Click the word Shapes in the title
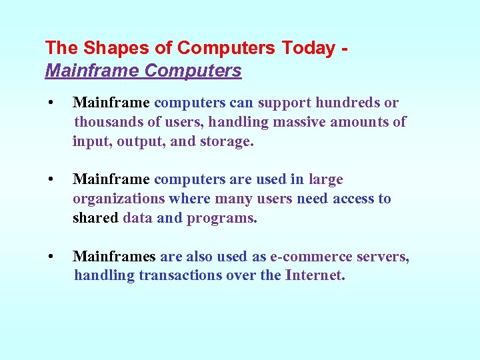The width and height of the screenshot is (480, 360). [105, 48]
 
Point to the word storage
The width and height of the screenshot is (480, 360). [226, 141]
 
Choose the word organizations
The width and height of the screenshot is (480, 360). [119, 199]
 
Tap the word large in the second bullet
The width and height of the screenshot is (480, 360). [325, 179]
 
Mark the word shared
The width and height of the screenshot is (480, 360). [95, 218]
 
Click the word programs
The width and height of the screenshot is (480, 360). [221, 218]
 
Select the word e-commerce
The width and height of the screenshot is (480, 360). [307, 256]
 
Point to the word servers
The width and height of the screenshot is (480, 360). [386, 256]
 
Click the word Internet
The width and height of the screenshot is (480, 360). [315, 275]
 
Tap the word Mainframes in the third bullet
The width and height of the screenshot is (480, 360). [114, 256]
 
